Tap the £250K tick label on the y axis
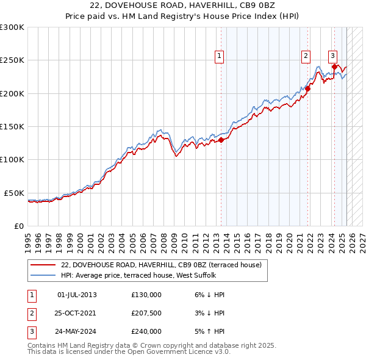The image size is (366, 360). pos(12,60)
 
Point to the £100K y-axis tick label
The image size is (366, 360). pos(12,159)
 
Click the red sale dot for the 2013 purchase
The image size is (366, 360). pos(221,140)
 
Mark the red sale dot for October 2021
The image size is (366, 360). pos(308,88)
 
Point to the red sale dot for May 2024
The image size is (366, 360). pos(335,67)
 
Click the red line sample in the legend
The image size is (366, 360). pos(43,265)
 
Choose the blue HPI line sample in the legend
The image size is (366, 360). pos(43,275)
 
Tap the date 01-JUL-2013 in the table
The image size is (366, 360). pos(76,295)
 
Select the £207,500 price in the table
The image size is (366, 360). pos(146,313)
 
